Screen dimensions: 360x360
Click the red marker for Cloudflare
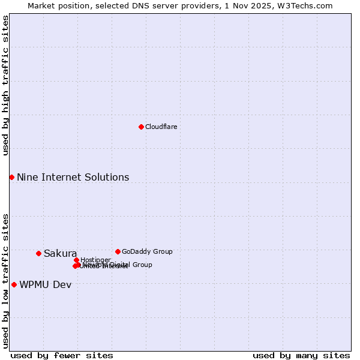coord(141,127)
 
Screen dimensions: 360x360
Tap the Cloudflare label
coord(161,127)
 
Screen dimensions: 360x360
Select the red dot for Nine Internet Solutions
coord(11,177)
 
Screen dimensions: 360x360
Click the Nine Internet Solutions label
coord(73,178)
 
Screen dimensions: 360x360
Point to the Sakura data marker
coord(38,253)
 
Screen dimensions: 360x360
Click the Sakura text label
coord(60,254)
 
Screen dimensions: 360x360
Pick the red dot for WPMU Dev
coord(14,284)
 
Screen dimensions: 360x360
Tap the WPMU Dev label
coord(45,285)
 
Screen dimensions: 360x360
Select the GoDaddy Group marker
coord(118,251)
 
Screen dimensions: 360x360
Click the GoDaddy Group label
coord(147,252)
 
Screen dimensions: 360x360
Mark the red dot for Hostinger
coord(76,260)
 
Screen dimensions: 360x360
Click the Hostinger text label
coord(95,260)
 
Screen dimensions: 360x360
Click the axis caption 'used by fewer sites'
coord(62,356)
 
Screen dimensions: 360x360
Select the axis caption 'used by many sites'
coord(301,356)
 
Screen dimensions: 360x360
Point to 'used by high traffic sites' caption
coord(6,85)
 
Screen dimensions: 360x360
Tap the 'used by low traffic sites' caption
coord(6,280)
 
